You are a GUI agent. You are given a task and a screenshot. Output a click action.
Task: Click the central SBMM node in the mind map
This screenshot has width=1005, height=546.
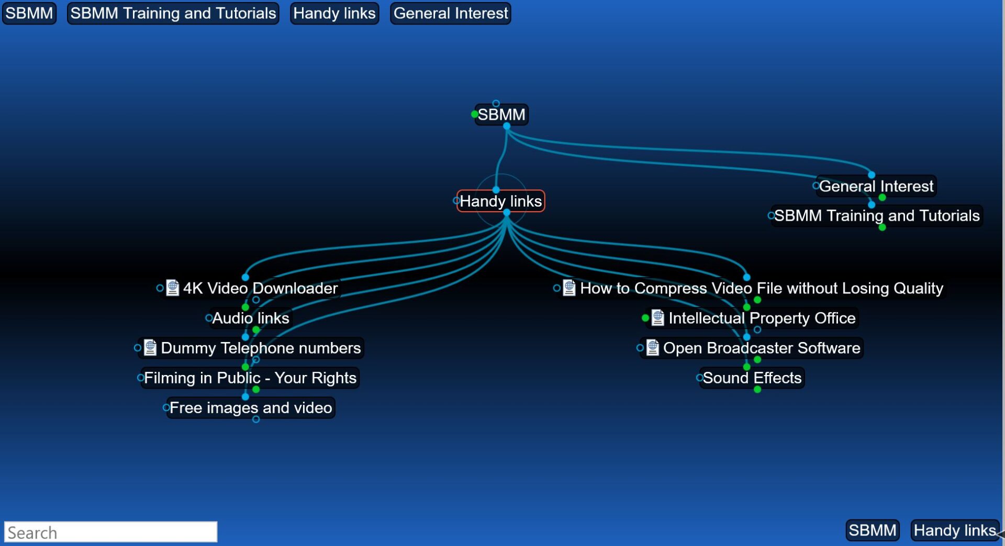[x=501, y=115]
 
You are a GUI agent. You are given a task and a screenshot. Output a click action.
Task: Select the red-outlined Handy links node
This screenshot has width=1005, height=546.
[x=500, y=201]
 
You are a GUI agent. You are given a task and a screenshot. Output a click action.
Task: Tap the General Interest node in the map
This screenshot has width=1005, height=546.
[x=876, y=186]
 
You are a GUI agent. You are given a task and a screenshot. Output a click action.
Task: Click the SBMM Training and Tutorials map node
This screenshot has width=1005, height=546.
[x=877, y=215]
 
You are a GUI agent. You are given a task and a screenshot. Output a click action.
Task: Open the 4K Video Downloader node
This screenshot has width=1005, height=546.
[x=260, y=288]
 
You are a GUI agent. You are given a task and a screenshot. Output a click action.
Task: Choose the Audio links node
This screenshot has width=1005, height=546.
[x=251, y=318]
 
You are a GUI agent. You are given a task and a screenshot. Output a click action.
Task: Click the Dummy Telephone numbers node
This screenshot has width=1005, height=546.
[x=260, y=348]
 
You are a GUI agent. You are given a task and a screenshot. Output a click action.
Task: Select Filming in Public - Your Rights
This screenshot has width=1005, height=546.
[x=250, y=378]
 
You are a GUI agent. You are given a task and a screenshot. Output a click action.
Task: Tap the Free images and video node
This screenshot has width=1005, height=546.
[x=251, y=407]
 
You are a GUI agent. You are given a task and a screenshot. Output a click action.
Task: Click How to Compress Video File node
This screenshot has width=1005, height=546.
[x=761, y=288]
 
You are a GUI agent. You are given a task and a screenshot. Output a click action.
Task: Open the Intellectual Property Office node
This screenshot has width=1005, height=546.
[x=762, y=318]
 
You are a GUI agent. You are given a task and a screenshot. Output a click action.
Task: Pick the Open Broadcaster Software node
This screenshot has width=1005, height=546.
[x=761, y=348]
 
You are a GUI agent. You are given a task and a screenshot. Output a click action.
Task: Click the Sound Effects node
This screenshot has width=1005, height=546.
[x=752, y=378]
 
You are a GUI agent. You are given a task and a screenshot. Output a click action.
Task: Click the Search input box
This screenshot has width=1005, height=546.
[x=110, y=532]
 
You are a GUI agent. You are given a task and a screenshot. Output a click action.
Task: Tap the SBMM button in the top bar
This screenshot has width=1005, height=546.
[x=29, y=13]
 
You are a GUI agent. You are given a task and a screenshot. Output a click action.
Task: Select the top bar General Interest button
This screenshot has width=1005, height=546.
[x=450, y=13]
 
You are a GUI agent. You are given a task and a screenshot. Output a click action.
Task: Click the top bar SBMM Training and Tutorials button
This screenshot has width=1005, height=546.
[x=173, y=13]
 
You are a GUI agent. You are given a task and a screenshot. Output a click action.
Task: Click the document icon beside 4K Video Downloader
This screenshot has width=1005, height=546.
[x=172, y=288]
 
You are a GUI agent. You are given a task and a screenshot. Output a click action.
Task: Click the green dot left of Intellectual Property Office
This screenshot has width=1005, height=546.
[x=645, y=318]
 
